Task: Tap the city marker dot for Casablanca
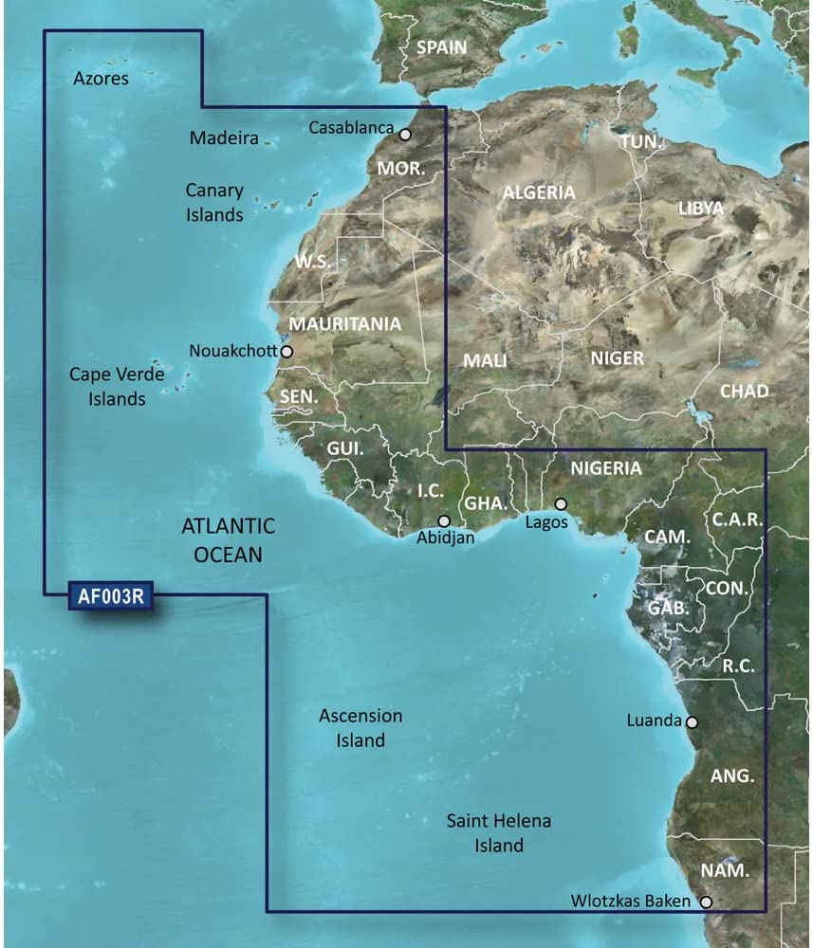click(x=406, y=135)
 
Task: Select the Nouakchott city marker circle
click(x=286, y=352)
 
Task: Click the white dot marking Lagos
click(x=561, y=504)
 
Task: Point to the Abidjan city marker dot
click(x=444, y=520)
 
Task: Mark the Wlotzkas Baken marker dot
click(x=706, y=902)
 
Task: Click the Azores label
click(x=101, y=79)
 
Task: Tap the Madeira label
click(x=224, y=138)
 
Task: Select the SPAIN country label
click(x=441, y=46)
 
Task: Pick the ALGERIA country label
click(x=539, y=192)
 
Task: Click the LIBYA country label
click(x=701, y=209)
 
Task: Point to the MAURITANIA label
click(x=344, y=324)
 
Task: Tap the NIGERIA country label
click(x=606, y=468)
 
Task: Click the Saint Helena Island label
click(x=498, y=832)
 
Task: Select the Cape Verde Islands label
click(x=117, y=387)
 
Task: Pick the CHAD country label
click(x=744, y=391)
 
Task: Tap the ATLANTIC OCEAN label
click(x=228, y=539)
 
